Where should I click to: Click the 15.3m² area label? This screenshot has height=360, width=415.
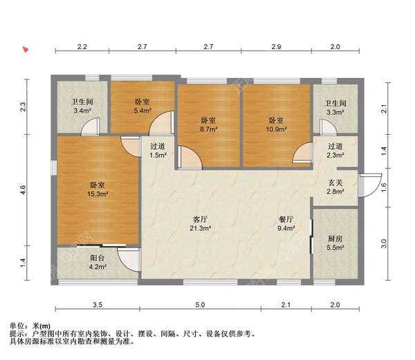98,196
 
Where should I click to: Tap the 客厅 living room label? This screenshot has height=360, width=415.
201,220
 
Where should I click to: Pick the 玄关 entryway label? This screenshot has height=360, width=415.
335,181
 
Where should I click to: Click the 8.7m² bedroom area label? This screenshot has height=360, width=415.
209,129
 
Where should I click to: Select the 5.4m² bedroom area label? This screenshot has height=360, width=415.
143,110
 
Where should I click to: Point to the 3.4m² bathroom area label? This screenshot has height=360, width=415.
82,110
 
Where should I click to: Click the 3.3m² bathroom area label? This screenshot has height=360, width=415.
335,110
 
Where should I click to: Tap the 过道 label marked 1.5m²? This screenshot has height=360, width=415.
158,155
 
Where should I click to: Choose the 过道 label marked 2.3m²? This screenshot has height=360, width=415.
335,155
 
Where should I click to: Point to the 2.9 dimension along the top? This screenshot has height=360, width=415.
276,46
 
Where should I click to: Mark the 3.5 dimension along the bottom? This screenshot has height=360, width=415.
98,305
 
